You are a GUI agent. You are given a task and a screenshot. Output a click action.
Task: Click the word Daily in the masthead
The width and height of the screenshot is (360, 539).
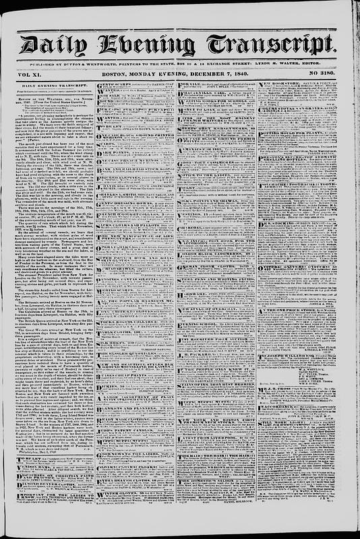coord(53,45)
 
